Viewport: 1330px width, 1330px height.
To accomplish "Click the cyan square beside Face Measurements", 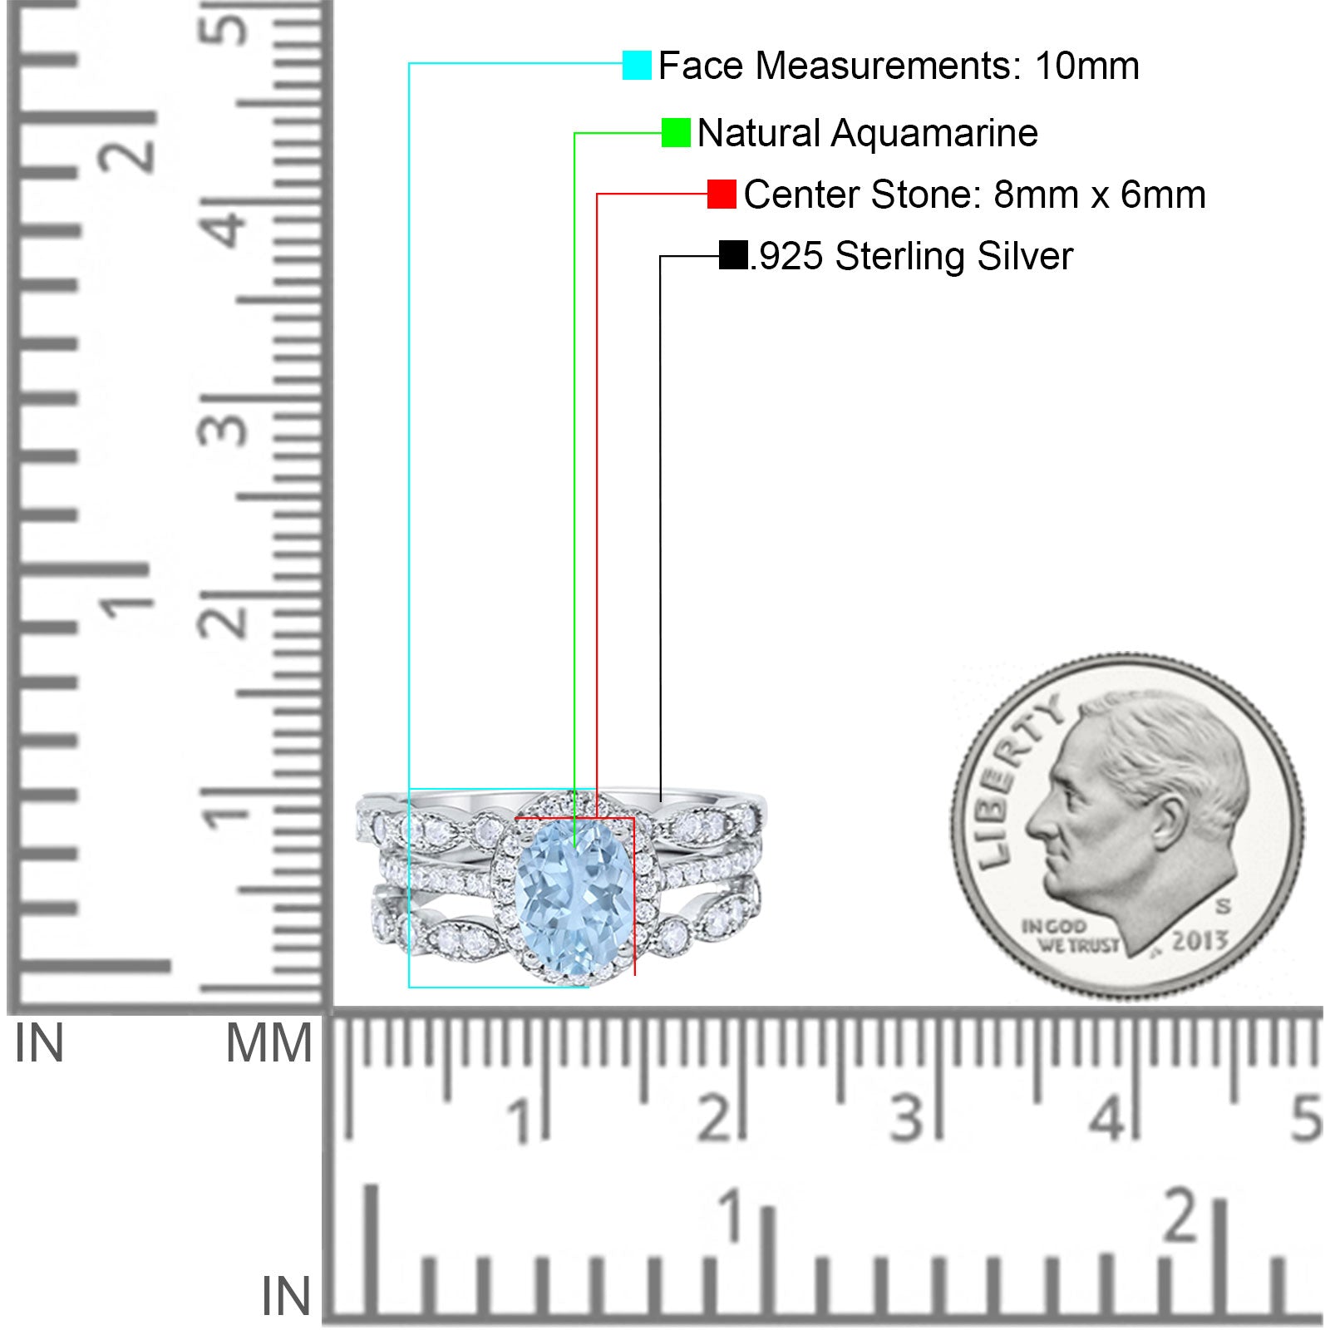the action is (x=637, y=65).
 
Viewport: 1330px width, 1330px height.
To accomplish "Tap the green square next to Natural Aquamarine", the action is (x=676, y=133).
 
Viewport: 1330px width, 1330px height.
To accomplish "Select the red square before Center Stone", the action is (x=722, y=195).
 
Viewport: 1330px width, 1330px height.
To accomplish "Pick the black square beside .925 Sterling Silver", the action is (x=733, y=255).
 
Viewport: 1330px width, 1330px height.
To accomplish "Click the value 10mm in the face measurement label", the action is (x=1087, y=66).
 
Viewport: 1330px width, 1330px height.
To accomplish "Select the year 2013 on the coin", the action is (x=1199, y=940).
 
